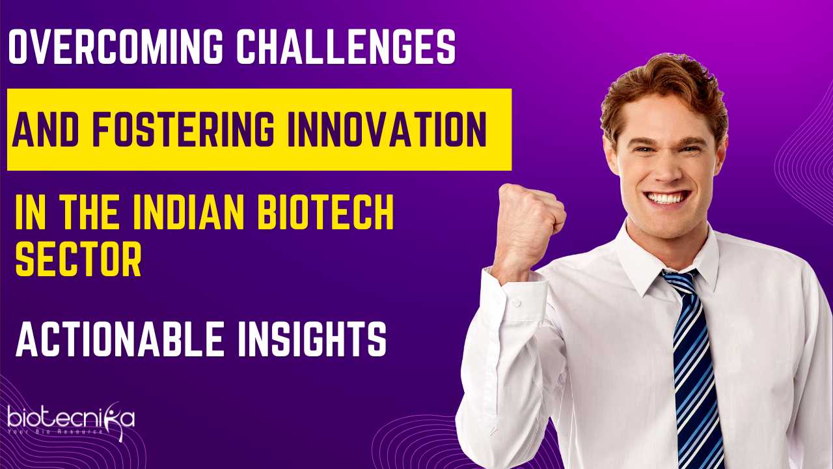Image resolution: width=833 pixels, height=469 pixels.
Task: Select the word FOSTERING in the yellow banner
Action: coord(184,129)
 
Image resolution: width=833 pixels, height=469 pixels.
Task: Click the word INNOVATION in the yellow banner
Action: coord(387,129)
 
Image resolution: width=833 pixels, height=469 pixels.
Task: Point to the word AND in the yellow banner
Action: coord(46,129)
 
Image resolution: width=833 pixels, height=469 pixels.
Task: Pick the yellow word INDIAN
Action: coord(189,212)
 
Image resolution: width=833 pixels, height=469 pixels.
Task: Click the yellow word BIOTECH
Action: coord(326,212)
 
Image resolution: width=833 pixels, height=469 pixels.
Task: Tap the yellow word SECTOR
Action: coord(79,258)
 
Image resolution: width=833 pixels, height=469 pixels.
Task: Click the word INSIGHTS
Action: coord(312,339)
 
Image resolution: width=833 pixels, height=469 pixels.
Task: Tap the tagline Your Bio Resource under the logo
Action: coord(55,432)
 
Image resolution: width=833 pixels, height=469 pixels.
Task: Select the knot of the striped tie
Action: coord(679,281)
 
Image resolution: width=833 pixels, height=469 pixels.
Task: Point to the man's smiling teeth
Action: coord(668,197)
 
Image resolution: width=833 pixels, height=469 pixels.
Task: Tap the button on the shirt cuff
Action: coord(516,302)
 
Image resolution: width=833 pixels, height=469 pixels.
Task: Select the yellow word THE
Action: coord(89,212)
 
